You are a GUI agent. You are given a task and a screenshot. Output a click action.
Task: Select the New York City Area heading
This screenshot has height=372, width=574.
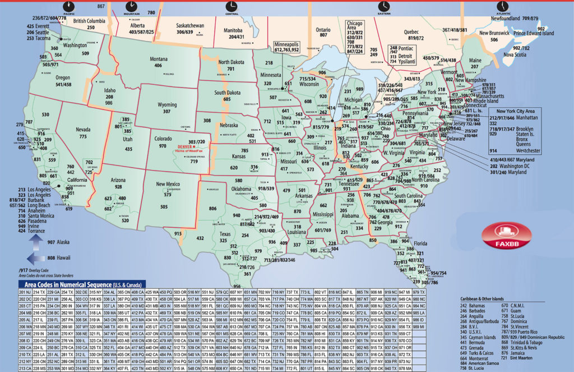(x=513, y=112)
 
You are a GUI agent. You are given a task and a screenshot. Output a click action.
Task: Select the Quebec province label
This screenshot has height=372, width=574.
(x=415, y=32)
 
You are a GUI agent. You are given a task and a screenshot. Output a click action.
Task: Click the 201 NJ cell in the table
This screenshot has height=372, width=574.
(x=25, y=292)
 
